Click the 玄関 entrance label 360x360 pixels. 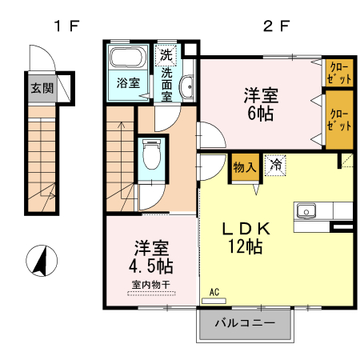[x=43, y=89]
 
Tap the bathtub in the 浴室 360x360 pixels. [x=126, y=59]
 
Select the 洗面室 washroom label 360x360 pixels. [x=166, y=83]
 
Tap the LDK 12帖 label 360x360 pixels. [x=250, y=238]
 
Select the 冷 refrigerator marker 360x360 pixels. [x=274, y=166]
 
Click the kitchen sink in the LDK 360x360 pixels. [x=308, y=211]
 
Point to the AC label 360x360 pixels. [x=214, y=292]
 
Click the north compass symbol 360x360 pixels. [x=42, y=261]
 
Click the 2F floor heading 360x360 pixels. [x=276, y=26]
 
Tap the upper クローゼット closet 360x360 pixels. [x=337, y=71]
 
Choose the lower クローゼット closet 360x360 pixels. [x=338, y=119]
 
